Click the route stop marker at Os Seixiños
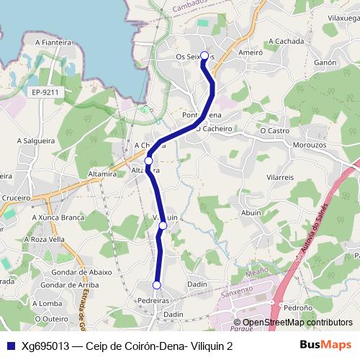pyautogui.click(x=204, y=55)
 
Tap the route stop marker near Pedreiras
pyautogui.click(x=157, y=284)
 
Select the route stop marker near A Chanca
pyautogui.click(x=148, y=161)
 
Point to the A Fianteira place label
pyautogui.click(x=51, y=42)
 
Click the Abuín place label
pyautogui.click(x=251, y=212)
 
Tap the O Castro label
pyautogui.click(x=274, y=131)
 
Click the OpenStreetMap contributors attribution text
pyautogui.click(x=297, y=323)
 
